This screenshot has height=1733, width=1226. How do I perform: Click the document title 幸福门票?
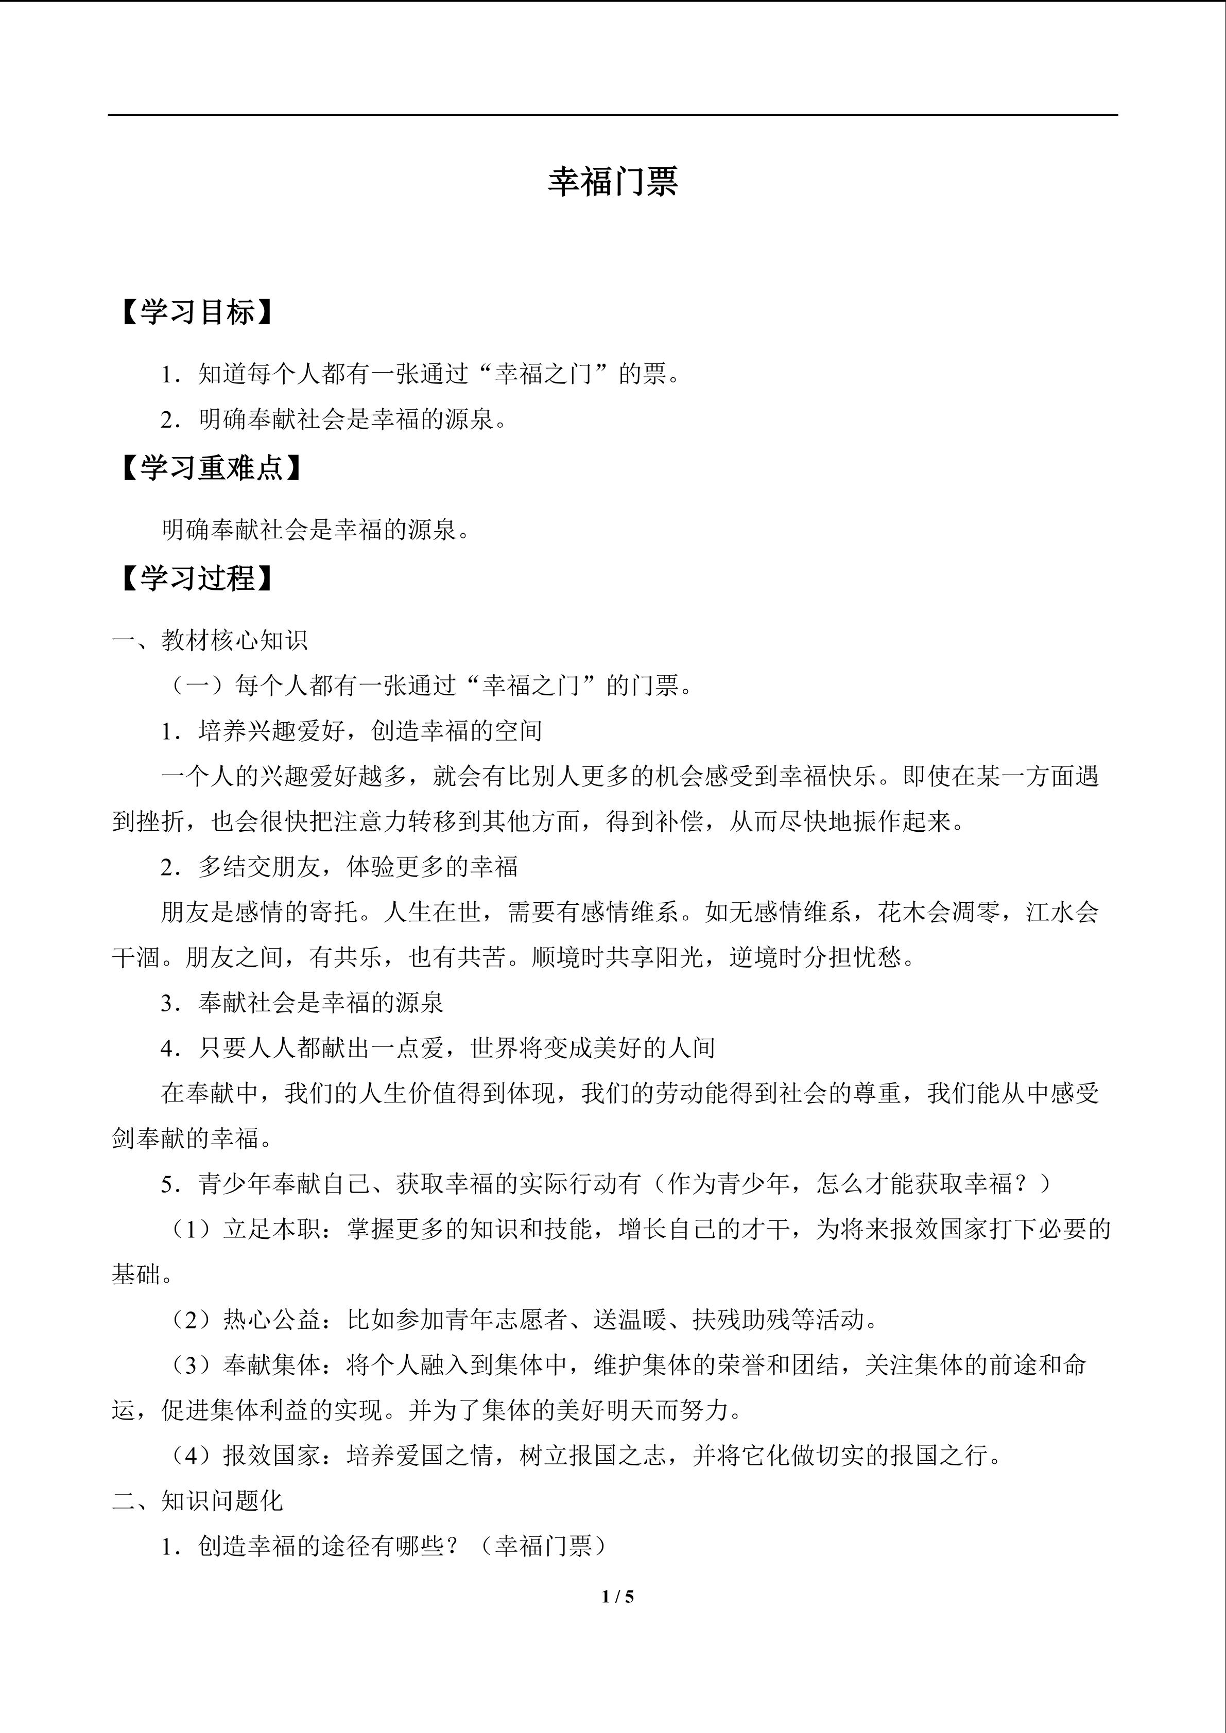[612, 182]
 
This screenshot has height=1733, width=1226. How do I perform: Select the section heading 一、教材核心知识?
[210, 640]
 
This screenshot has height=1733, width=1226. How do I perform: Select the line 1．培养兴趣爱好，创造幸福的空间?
[351, 731]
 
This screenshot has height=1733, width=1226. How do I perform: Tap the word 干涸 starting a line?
[136, 957]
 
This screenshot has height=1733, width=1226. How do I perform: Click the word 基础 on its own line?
[136, 1274]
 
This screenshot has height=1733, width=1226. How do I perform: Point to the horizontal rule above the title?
[612, 115]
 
